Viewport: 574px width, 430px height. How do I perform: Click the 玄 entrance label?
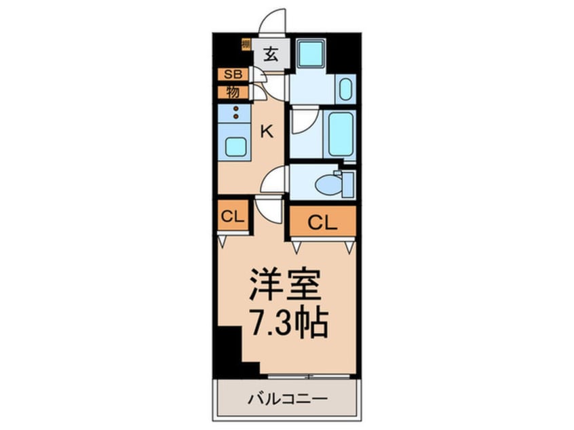click(x=271, y=54)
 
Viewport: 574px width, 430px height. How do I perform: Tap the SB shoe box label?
click(x=233, y=75)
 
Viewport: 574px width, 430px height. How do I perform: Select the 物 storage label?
click(x=233, y=92)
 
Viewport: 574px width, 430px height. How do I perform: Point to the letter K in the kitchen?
click(x=267, y=132)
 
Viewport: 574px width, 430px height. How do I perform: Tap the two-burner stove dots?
click(x=236, y=113)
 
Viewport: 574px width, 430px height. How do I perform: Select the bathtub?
click(x=339, y=134)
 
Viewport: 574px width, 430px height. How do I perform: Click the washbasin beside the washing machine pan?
click(x=345, y=89)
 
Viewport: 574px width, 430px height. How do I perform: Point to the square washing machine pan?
click(x=312, y=54)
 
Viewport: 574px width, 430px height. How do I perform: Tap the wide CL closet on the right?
click(x=322, y=220)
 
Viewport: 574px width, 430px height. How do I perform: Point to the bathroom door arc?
click(x=303, y=123)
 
